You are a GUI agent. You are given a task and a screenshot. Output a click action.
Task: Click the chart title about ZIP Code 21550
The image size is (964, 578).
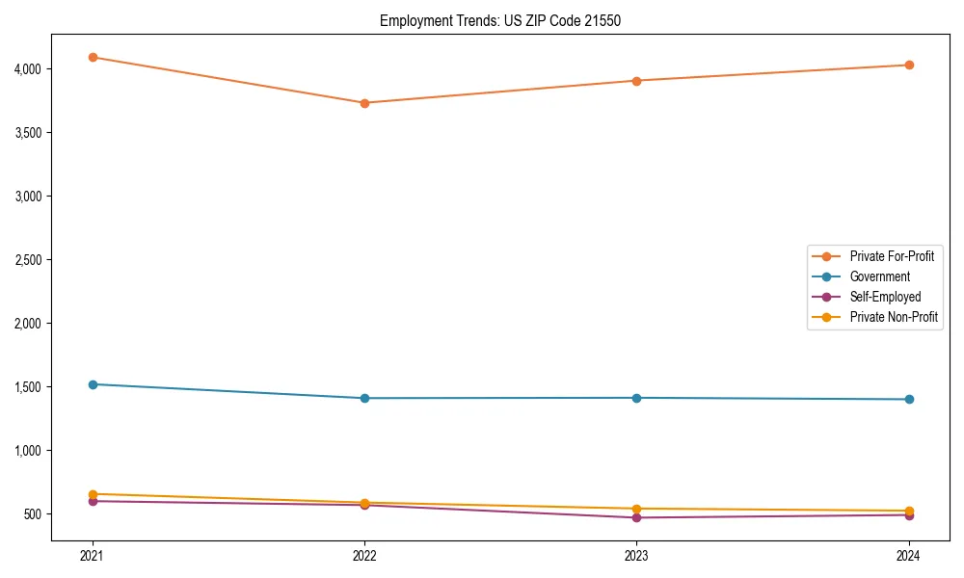coord(499,20)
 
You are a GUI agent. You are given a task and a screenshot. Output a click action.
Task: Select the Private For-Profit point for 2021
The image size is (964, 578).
coord(93,57)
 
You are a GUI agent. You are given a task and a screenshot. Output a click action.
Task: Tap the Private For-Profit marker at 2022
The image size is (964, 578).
coord(364,103)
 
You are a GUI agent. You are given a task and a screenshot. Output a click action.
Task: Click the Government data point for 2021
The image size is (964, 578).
coord(93,384)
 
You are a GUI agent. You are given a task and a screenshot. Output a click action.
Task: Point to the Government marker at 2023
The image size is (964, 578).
coord(636,398)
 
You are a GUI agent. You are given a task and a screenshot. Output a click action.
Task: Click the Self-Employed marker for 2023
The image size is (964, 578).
coord(636,517)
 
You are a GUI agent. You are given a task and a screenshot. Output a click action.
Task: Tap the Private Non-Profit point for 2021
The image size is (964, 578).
coord(93,494)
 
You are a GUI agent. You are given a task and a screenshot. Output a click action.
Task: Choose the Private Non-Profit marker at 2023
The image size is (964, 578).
coord(636,509)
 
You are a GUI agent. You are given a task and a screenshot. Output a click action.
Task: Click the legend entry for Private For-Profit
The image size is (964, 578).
coord(892,256)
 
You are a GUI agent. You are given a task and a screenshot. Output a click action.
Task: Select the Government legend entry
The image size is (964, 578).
coord(879,276)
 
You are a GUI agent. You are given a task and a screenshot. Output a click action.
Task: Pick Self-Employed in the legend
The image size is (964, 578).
coord(885,297)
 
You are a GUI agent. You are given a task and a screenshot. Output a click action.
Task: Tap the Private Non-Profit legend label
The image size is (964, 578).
coord(894,317)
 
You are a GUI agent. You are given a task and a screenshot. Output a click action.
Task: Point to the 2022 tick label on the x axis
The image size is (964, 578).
coord(364,555)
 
